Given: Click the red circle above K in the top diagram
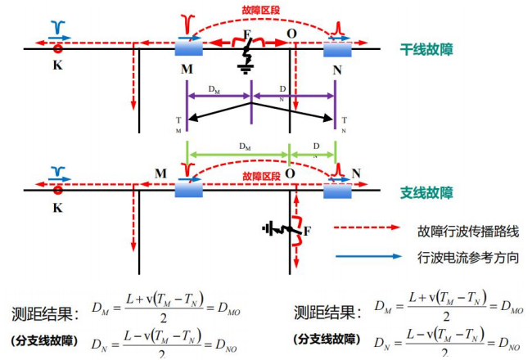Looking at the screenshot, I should click(x=57, y=48).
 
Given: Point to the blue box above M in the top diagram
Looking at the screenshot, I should click(x=190, y=48).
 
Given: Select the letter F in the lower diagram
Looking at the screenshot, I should click(x=307, y=232).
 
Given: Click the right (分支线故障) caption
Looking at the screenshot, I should click(x=326, y=339).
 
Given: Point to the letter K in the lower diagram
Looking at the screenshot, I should click(x=57, y=208).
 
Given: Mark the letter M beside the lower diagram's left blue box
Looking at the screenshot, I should click(x=160, y=174).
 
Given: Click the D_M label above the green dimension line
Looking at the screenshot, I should click(x=244, y=146).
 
